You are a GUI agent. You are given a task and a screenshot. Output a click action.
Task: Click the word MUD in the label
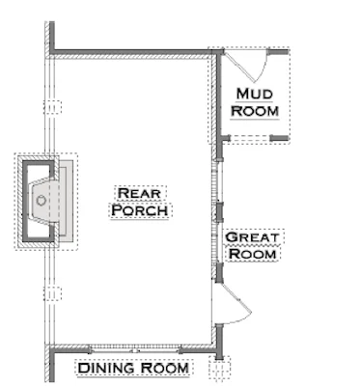[x=255, y=94]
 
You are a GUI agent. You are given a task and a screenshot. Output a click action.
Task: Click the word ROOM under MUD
[x=255, y=111]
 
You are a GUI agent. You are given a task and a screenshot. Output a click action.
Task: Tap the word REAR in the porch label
[x=139, y=193]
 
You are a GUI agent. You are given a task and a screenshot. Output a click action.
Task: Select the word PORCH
[x=140, y=210]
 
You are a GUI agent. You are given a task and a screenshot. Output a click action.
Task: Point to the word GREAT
[x=252, y=237]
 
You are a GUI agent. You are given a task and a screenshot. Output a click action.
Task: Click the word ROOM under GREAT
[x=253, y=254]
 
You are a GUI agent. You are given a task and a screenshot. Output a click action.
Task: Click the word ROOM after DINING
[x=165, y=368]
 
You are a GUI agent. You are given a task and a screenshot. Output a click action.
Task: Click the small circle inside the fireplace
[x=41, y=201]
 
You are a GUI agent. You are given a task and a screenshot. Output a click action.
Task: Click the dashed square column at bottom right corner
[x=220, y=367]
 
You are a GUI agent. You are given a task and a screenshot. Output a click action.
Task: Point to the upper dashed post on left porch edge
[x=52, y=107]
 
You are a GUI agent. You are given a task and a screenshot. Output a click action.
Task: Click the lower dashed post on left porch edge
[x=52, y=293]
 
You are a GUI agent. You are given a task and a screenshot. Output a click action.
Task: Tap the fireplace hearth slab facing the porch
[x=67, y=201]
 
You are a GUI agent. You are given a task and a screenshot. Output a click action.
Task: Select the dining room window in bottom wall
[x=135, y=349]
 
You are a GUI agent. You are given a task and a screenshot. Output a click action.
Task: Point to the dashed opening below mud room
[x=250, y=138]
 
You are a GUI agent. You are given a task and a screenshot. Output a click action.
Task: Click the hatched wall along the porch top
[x=131, y=57]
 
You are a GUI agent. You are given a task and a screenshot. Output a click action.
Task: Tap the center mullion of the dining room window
[x=135, y=350]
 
